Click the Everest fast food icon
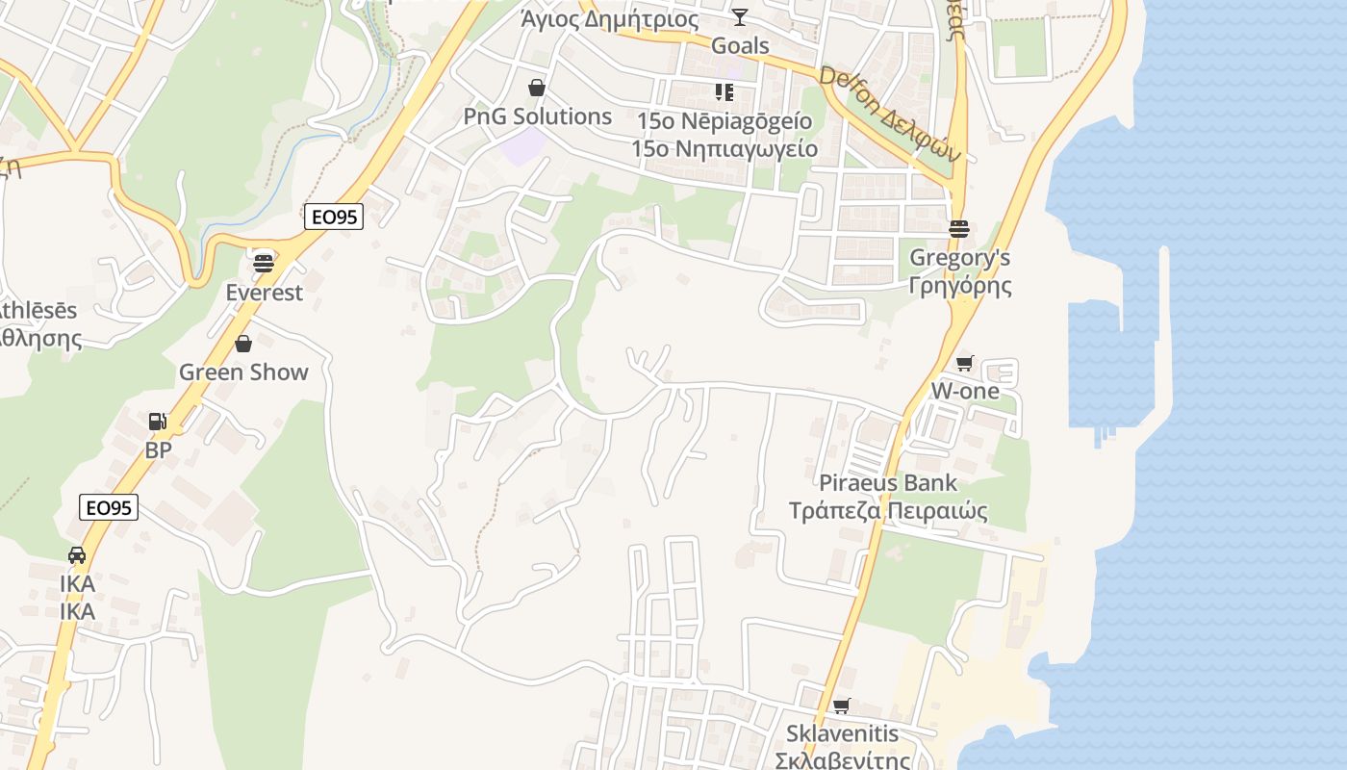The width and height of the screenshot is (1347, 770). coord(264,262)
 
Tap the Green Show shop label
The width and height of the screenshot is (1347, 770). coord(243,372)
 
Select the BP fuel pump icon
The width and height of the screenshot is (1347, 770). coord(158,421)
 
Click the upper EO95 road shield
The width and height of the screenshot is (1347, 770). coord(335,218)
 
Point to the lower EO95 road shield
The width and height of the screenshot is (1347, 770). coord(109,507)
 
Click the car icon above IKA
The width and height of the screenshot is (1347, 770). coord(77,555)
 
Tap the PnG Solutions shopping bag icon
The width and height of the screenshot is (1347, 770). coord(537,89)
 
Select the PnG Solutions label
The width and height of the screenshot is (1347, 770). coord(538,116)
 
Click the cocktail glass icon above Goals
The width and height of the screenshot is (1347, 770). coord(739,16)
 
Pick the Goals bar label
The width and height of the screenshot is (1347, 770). coord(740,45)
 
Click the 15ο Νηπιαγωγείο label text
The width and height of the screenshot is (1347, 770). coord(724,149)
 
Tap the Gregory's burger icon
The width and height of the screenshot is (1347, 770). coord(958,229)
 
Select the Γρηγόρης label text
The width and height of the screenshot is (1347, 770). coord(960,286)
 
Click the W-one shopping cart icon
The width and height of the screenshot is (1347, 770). coord(964,363)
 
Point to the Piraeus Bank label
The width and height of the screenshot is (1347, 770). coord(888,483)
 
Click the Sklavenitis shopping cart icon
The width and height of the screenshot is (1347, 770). coord(841,706)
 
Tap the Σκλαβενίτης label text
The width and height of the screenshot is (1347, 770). coord(843,760)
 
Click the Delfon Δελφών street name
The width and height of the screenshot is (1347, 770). coord(890,115)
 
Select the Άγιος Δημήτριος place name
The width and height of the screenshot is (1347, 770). coord(609,18)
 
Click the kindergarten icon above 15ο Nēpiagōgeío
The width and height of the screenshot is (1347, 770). coord(724,92)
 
